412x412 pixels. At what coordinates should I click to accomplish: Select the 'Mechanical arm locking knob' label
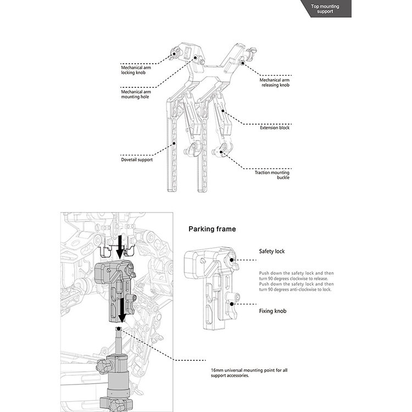pyautogui.click(x=136, y=70)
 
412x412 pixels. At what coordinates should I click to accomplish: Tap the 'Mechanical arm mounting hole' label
pyautogui.click(x=136, y=94)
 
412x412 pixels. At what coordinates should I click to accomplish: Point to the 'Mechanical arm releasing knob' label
pyautogui.click(x=275, y=82)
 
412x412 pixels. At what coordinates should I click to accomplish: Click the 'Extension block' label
pyautogui.click(x=275, y=127)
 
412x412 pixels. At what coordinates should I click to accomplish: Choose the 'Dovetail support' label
pyautogui.click(x=137, y=159)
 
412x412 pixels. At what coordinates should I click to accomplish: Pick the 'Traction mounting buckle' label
pyautogui.click(x=272, y=175)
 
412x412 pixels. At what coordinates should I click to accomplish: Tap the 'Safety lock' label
pyautogui.click(x=272, y=251)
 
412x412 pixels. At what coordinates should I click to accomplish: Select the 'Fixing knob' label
pyautogui.click(x=273, y=311)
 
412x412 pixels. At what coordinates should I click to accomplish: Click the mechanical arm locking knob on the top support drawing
pyautogui.click(x=174, y=54)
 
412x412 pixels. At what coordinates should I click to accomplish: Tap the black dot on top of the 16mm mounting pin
pyautogui.click(x=120, y=329)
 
